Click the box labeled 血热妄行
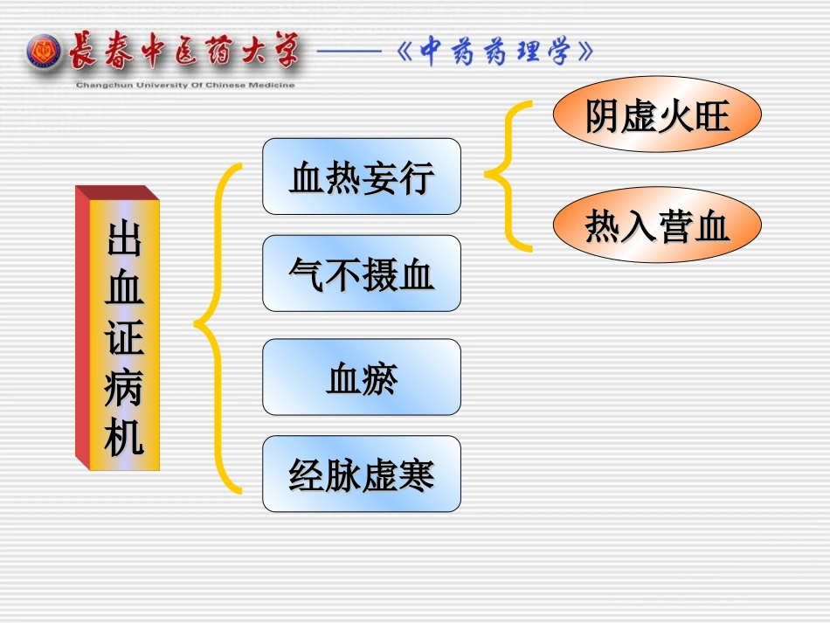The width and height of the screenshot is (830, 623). point(361,177)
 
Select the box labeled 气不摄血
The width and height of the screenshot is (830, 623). point(361,273)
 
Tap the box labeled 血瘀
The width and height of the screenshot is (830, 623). point(361,377)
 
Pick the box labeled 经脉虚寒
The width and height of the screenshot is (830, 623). point(361,474)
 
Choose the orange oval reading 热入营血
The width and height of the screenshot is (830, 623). point(657,225)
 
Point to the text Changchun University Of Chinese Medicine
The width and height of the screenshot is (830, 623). point(185,85)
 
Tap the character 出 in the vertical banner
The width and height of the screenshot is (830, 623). point(124,237)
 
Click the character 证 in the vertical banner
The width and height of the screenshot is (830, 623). point(124,336)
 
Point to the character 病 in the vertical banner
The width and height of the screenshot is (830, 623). point(124,386)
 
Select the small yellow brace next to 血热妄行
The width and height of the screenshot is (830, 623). point(508,176)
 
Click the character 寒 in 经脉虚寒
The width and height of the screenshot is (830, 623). point(416,475)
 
